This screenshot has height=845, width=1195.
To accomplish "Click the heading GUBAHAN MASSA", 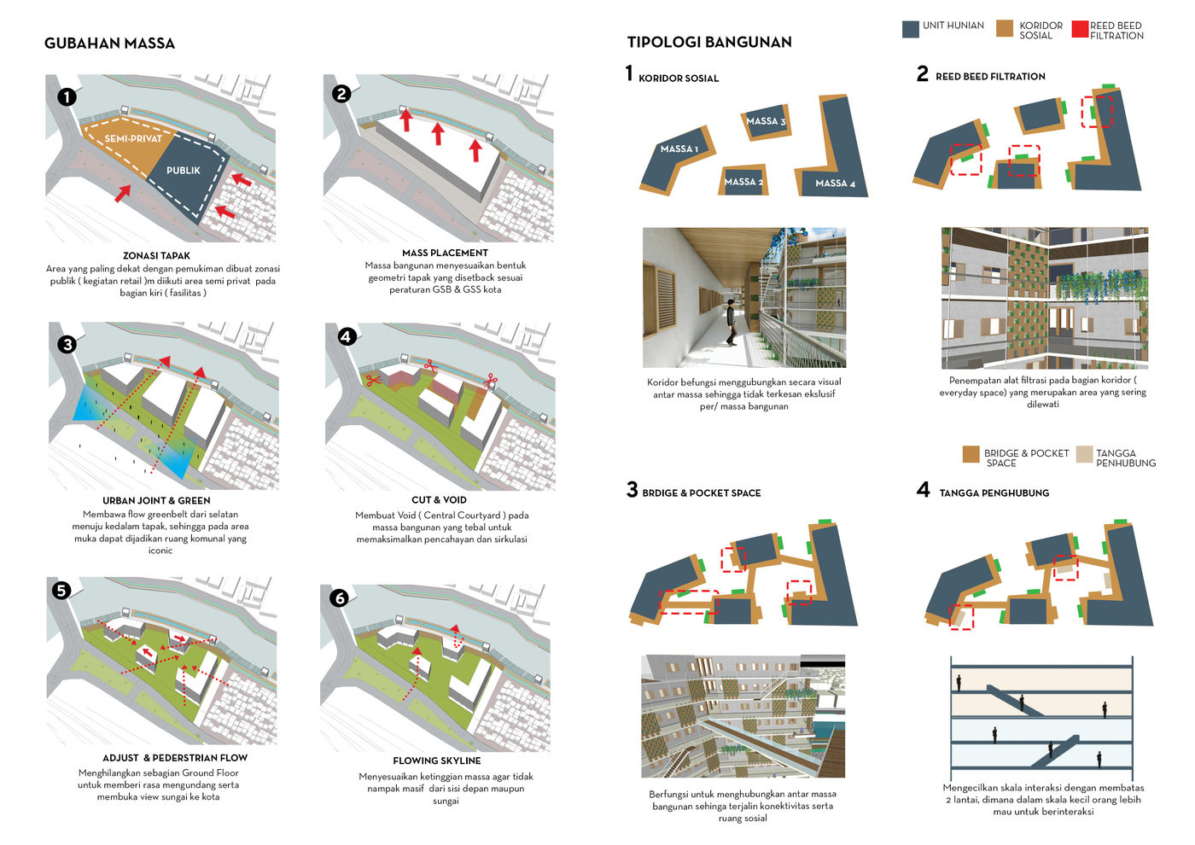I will [x=109, y=44].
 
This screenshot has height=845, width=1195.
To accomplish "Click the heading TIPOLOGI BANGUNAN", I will [x=709, y=42].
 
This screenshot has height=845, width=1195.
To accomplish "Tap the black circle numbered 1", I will [x=67, y=97].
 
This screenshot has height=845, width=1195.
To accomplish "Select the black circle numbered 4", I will [x=346, y=336].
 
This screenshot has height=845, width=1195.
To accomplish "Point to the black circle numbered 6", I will [x=340, y=598].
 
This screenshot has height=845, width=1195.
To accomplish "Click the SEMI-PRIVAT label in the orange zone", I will [x=133, y=138].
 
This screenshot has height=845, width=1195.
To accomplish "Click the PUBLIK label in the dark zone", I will [x=183, y=171].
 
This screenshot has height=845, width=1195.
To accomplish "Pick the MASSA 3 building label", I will [x=766, y=121].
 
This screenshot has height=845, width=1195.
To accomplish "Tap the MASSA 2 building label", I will [x=743, y=182].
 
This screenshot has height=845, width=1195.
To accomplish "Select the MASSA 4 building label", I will [x=835, y=184].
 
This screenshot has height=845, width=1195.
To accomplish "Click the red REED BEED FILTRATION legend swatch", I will [x=1080, y=30].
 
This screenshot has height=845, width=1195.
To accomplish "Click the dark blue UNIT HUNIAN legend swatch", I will [x=910, y=30].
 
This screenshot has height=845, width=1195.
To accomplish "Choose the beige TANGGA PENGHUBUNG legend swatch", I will [x=1084, y=454].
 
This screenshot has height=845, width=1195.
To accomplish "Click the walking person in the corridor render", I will [x=731, y=324].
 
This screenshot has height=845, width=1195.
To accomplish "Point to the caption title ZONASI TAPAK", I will [x=156, y=256].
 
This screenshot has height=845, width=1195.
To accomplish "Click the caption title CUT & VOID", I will [x=439, y=500].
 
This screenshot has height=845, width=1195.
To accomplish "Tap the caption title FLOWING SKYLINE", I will [x=436, y=760].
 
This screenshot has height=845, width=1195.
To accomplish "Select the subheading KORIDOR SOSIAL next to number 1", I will [x=679, y=79].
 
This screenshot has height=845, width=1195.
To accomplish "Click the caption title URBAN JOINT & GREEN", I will [x=156, y=501].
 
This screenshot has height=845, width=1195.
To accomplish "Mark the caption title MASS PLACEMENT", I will [x=445, y=253].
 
